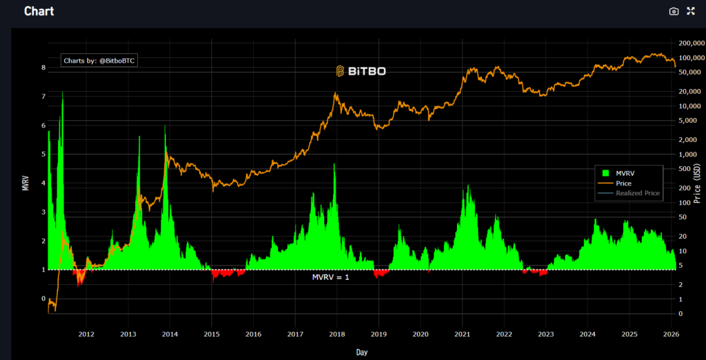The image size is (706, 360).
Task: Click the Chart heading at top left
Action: pos(39,11)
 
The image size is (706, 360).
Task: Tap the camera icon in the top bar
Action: pos(674,11)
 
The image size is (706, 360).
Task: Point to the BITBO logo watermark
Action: pos(361,70)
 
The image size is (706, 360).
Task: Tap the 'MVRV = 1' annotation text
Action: pos(331,277)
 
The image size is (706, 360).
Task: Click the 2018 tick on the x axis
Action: pos(337,334)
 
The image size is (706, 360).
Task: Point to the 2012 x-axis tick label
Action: pos(86,334)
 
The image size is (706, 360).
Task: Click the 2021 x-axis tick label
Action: pos(462,334)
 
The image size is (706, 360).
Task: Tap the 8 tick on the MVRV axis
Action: pos(43,68)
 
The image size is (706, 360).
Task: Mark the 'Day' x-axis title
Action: pos(362,352)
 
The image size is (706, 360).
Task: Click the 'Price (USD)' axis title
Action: pos(698,178)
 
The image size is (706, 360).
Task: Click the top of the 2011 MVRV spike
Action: pos(63,92)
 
